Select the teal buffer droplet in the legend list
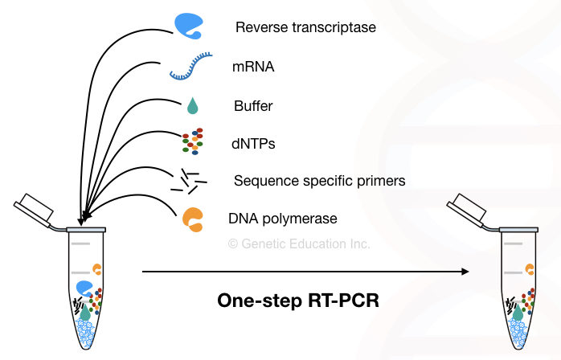[192, 105]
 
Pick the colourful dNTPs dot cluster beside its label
[192, 141]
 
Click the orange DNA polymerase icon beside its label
[192, 219]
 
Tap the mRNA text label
[253, 67]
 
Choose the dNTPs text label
[252, 144]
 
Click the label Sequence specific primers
[319, 181]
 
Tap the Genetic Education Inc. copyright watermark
[299, 243]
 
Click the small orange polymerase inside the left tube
[97, 268]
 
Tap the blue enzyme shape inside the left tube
[84, 288]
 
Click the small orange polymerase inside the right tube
[530, 268]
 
